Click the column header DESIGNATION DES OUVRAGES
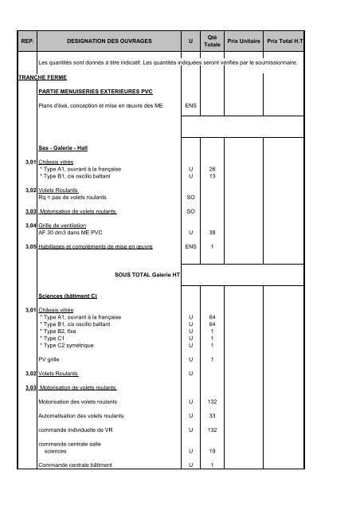(108, 39)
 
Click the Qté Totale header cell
(212, 39)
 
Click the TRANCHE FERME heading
(43, 78)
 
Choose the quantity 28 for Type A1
(212, 170)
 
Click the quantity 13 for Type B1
(212, 177)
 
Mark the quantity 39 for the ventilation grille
(212, 232)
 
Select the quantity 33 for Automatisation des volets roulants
(212, 416)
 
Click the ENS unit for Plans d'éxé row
(190, 105)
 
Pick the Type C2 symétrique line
(67, 345)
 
